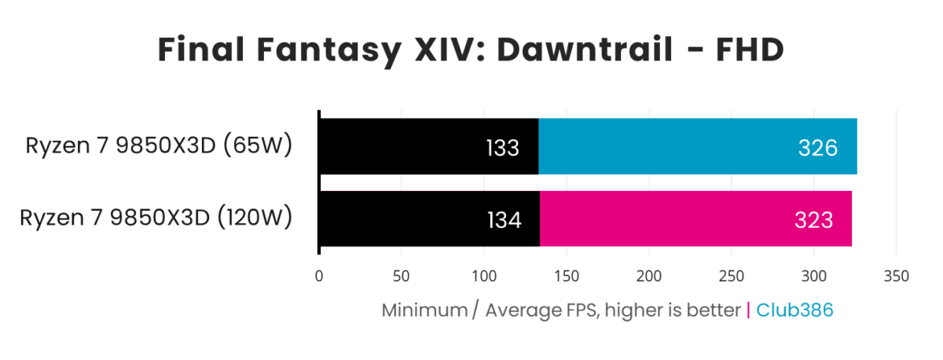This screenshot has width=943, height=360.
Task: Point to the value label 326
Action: click(817, 148)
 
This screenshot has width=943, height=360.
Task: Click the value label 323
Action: click(813, 220)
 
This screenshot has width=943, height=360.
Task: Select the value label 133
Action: click(502, 148)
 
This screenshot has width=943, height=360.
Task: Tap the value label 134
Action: click(504, 220)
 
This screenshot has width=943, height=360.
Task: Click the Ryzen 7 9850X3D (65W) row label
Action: click(159, 146)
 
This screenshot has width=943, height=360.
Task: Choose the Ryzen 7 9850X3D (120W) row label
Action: click(156, 218)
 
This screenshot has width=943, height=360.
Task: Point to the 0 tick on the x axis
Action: click(319, 277)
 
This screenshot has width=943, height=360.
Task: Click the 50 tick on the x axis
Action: click(402, 277)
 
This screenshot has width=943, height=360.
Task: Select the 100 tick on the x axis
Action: click(484, 277)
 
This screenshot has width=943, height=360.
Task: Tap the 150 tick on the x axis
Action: click(567, 277)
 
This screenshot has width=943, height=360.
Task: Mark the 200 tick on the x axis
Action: click(649, 277)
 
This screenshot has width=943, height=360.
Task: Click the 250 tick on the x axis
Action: click(732, 277)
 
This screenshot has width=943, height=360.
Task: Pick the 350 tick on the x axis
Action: click(897, 277)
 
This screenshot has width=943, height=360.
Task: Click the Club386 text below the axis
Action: click(794, 310)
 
